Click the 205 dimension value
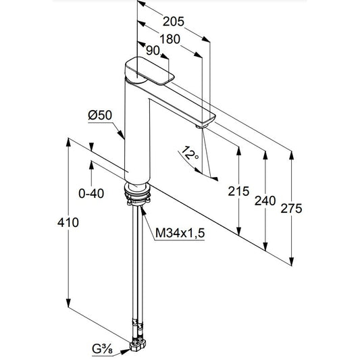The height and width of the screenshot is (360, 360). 174,22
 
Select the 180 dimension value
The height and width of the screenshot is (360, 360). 170,39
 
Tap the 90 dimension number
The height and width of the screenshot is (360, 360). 153,51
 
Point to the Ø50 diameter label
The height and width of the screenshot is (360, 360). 100,115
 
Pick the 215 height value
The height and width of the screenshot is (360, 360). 238,191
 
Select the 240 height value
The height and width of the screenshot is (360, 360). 265,201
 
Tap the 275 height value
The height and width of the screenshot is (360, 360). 291,209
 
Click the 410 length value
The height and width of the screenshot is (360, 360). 68,222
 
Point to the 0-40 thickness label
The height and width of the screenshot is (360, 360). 91,194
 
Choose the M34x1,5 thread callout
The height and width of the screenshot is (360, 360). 180,233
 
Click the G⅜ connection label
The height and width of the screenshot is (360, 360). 102,349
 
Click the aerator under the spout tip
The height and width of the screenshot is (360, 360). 201,126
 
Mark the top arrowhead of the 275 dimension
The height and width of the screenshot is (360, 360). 291,155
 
